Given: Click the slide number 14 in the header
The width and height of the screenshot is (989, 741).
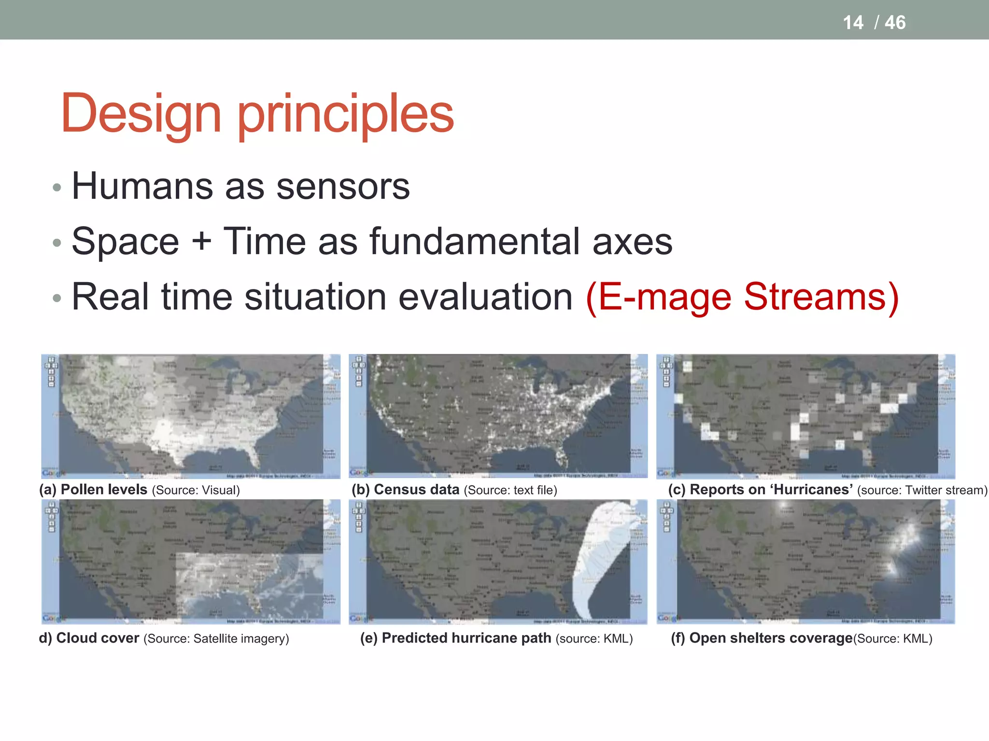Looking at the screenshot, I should [x=853, y=23].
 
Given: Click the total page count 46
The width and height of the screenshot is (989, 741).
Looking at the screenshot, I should [x=895, y=23].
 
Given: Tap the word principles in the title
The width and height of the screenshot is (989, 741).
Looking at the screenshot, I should [x=346, y=116].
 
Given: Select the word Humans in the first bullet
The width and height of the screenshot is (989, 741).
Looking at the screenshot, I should [x=142, y=186].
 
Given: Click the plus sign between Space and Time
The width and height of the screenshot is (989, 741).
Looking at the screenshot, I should [x=201, y=241].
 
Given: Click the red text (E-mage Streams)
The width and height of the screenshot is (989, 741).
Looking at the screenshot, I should [x=742, y=297].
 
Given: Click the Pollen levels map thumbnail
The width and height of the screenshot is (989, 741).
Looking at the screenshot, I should [x=191, y=416].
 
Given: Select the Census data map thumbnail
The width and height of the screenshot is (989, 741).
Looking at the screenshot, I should [x=498, y=416].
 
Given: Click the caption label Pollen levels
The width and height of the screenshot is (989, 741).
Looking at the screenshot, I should [x=104, y=490].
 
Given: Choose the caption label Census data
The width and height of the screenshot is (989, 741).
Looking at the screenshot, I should [x=416, y=490].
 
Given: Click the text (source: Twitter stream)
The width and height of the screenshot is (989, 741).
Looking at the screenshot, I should [x=922, y=490].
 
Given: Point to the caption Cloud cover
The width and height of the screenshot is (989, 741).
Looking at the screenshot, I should [x=98, y=638].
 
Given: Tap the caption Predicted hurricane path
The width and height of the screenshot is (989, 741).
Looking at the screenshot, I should [x=466, y=638].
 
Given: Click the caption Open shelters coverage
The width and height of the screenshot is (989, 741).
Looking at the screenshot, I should [x=771, y=638].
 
